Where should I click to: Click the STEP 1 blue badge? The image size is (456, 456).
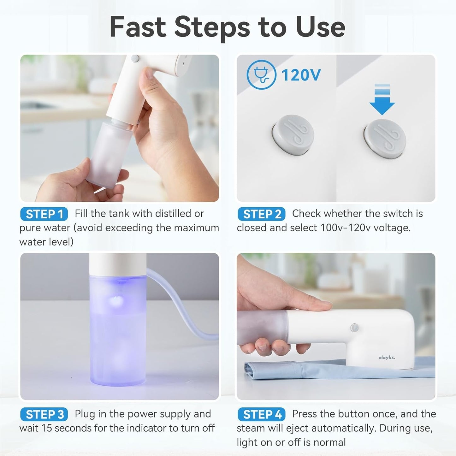(44, 214)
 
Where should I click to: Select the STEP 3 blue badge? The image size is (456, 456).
(44, 414)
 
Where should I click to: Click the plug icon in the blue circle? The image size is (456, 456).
(261, 75)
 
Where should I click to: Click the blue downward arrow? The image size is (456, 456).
(382, 99)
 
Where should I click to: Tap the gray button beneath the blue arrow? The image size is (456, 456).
(384, 139)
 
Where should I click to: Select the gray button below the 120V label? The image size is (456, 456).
(293, 135)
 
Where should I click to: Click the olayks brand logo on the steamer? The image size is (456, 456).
(387, 358)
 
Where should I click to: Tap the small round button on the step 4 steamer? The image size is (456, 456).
(354, 328)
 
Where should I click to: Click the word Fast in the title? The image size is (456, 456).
(138, 27)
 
